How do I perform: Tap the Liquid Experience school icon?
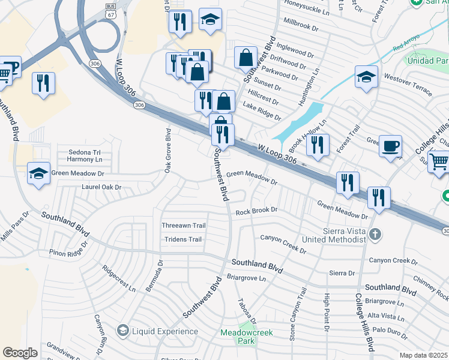coord(122,331)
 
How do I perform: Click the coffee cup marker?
coord(390,146)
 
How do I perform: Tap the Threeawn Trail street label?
coord(184,226)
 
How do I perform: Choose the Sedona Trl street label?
coord(86,152)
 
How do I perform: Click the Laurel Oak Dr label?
coord(101,187)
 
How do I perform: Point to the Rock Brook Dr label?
coord(256,211)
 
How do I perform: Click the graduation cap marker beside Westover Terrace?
coord(366,77)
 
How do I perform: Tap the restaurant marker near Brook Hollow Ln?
coord(318,145)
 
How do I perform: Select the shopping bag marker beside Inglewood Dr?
coord(245,58)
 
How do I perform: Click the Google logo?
coord(20,352)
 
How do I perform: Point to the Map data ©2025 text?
coord(423,355)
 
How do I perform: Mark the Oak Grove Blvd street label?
coord(169,150)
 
